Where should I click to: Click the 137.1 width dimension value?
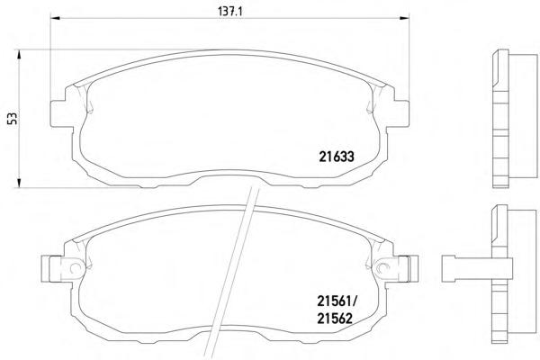(230, 12)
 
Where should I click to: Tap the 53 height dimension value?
(13, 118)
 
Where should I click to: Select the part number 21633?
(337, 157)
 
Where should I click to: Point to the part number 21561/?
(337, 302)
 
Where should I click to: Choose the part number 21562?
(335, 319)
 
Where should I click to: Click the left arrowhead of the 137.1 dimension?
(56, 18)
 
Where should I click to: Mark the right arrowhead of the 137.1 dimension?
(404, 18)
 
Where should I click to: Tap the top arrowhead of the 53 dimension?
(19, 54)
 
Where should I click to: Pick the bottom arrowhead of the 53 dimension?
(19, 184)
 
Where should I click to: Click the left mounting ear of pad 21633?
(62, 113)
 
